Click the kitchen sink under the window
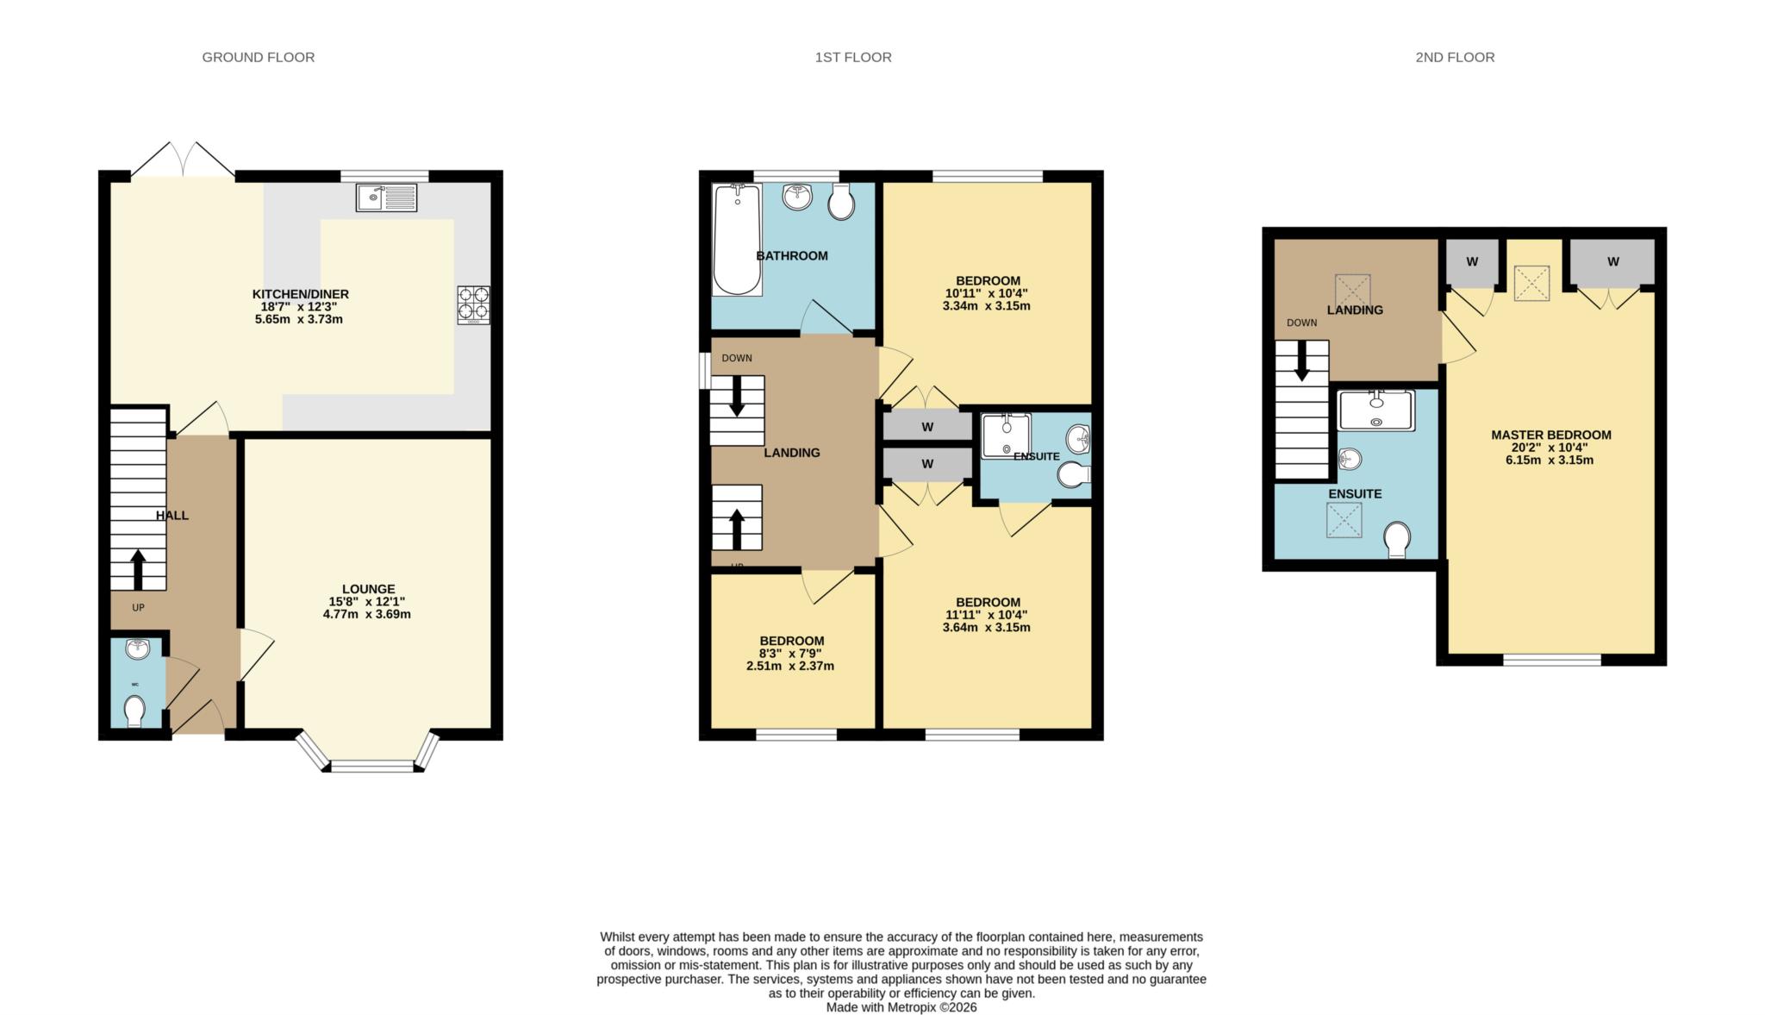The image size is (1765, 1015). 386,197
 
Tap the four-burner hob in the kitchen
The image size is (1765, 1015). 473,304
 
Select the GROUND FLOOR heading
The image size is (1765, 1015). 258,57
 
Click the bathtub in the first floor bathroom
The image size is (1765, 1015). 737,240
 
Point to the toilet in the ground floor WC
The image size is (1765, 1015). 134,711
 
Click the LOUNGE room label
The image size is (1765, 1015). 368,589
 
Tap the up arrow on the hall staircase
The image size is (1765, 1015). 137,569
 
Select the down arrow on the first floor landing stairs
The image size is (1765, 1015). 737,398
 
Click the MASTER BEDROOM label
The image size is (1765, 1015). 1550,435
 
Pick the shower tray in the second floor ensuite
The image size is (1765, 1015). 1375,410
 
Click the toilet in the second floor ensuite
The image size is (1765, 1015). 1396,540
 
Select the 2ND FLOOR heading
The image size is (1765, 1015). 1454,57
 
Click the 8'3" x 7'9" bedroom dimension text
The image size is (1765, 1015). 790,654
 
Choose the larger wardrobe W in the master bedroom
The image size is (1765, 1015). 1612,262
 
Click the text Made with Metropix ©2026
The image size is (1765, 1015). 901,1006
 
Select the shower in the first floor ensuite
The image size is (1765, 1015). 1006,435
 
